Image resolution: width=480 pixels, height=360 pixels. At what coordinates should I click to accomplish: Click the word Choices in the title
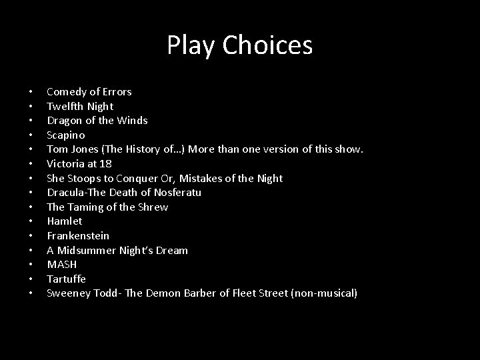point(267,46)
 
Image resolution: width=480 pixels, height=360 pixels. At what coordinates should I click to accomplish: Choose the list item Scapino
point(66,135)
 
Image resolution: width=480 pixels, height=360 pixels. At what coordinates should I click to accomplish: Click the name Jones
point(86,149)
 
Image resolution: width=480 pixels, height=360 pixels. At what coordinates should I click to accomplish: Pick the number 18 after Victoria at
point(105,164)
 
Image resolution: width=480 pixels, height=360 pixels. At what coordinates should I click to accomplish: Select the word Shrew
point(153,207)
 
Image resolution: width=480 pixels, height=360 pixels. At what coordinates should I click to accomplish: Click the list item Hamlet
point(65,221)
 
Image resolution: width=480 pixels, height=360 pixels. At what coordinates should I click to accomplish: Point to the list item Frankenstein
point(78,236)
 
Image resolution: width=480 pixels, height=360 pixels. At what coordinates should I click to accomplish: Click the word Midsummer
point(91,251)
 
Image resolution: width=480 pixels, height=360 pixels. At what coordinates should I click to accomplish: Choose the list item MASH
point(62,265)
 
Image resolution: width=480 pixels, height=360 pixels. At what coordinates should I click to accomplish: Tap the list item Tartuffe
point(66,279)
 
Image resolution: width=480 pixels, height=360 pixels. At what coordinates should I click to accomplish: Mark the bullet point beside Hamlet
point(31,221)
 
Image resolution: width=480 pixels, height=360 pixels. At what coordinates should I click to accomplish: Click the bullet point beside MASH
point(31,265)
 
